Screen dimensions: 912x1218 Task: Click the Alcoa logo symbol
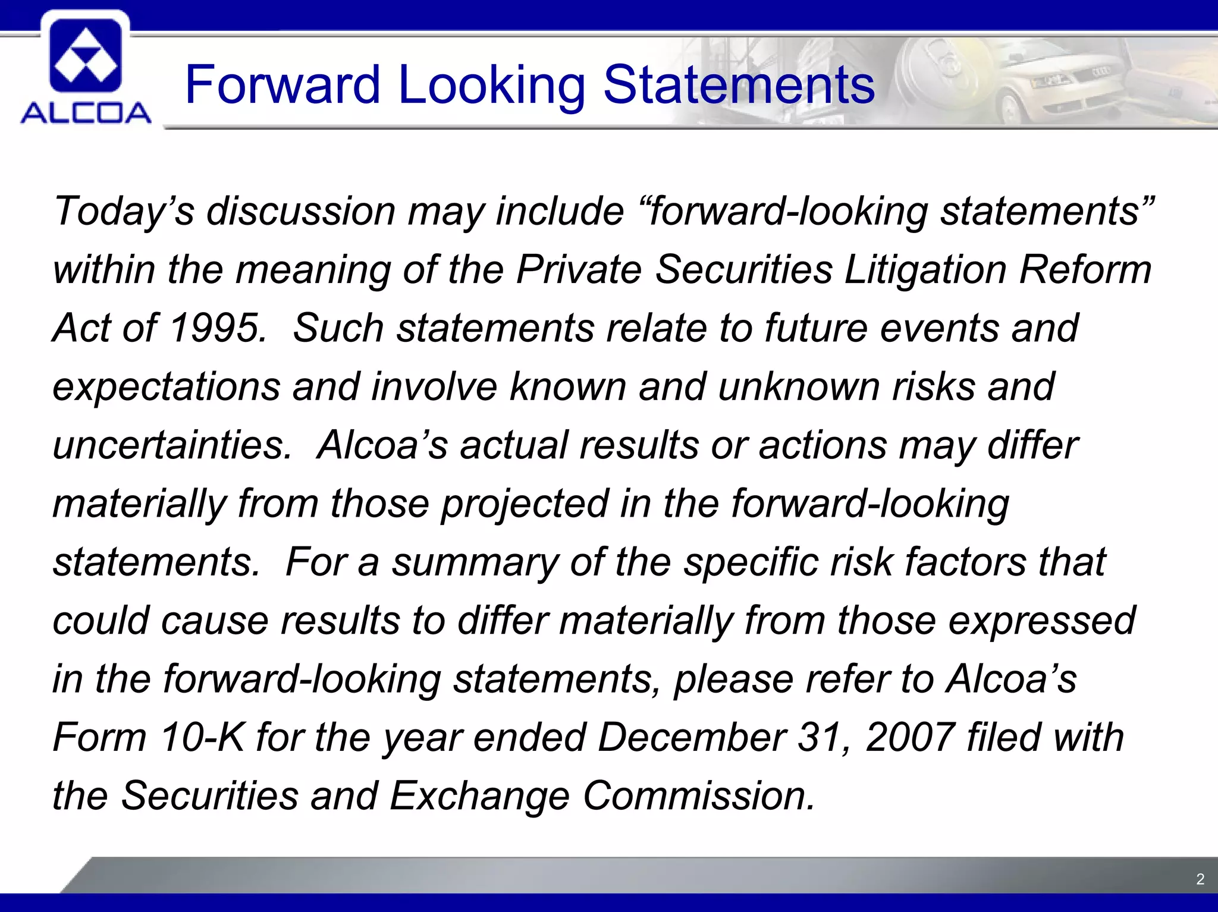click(86, 55)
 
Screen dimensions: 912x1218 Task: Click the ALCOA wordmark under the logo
click(86, 112)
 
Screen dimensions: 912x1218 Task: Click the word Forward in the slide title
click(282, 85)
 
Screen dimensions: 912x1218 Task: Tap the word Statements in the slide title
click(739, 85)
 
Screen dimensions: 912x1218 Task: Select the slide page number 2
click(1200, 879)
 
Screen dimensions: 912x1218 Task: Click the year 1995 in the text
click(215, 328)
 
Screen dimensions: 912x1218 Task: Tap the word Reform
click(1085, 270)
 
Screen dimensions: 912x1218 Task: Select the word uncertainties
click(171, 445)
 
